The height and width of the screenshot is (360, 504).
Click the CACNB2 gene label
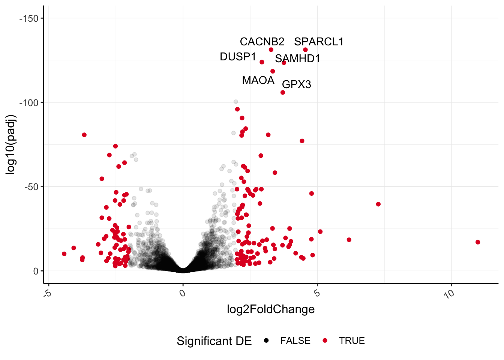pyautogui.click(x=262, y=42)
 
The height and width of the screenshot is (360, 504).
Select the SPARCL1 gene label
pyautogui.click(x=319, y=42)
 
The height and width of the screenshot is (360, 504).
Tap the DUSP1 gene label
pyautogui.click(x=238, y=57)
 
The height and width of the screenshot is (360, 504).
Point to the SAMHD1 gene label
pyautogui.click(x=297, y=58)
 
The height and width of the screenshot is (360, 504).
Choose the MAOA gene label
pyautogui.click(x=258, y=80)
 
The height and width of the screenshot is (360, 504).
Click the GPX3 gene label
pyautogui.click(x=296, y=84)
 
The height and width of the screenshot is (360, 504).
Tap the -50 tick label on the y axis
pyautogui.click(x=31, y=187)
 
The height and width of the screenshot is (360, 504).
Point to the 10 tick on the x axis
pyautogui.click(x=449, y=294)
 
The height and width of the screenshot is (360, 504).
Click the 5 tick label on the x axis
pyautogui.click(x=317, y=293)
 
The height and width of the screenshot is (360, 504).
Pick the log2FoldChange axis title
pyautogui.click(x=271, y=309)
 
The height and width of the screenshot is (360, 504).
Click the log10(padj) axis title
pyautogui.click(x=11, y=144)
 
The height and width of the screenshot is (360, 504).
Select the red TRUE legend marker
pyautogui.click(x=325, y=340)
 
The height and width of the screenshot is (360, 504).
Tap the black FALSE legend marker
pyautogui.click(x=266, y=340)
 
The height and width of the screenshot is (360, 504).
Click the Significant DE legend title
pyautogui.click(x=214, y=341)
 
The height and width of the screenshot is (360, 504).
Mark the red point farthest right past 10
pyautogui.click(x=478, y=242)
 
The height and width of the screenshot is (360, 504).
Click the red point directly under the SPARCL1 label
pyautogui.click(x=305, y=50)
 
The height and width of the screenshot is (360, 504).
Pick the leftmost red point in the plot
pyautogui.click(x=64, y=254)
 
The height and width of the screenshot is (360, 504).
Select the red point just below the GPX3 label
pyautogui.click(x=283, y=93)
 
